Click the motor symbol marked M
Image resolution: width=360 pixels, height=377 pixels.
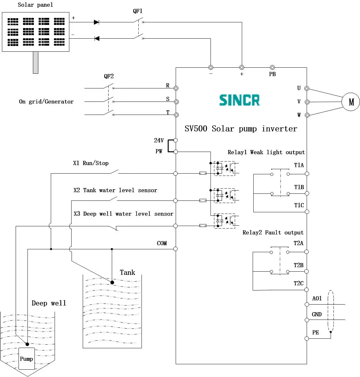coord(350,102)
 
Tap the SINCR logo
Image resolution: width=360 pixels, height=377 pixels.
coord(239,100)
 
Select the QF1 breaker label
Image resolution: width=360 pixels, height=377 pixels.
coord(138,11)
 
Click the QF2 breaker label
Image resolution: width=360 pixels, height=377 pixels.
coord(109,76)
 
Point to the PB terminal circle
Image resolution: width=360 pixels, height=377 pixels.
coord(272,67)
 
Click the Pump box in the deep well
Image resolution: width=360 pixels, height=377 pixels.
coord(27,359)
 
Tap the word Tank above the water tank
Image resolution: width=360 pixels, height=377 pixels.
coord(127,273)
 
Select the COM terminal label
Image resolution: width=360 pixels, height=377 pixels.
coord(162,243)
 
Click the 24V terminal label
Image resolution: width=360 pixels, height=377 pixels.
coord(159,140)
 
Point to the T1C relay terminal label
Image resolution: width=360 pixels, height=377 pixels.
coord(299,205)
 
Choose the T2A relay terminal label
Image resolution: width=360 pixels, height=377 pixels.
coord(298,243)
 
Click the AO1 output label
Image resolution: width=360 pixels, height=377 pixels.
coord(317,298)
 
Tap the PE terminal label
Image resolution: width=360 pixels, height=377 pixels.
coord(316,333)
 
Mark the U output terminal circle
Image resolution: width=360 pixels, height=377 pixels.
coord(307,88)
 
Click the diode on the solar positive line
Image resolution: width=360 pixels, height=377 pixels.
coord(96,22)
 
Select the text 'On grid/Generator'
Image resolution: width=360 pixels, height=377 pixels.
coord(46,102)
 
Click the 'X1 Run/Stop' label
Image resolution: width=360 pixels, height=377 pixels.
coord(91,163)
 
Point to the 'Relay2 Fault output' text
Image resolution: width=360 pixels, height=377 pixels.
coord(273,233)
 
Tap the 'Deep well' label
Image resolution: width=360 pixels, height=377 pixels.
coord(49,303)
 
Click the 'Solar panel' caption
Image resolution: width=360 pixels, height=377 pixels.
coord(35,5)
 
